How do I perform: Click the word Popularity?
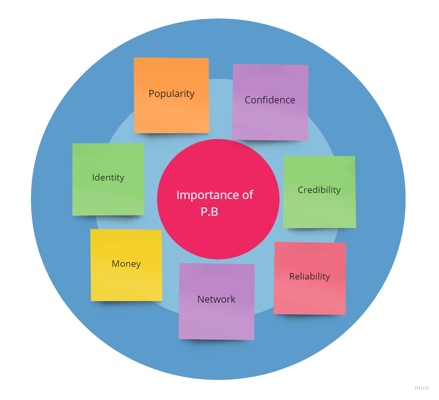(171, 94)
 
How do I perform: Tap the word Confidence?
(270, 100)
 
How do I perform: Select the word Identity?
(108, 178)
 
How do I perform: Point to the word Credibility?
(319, 190)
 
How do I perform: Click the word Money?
(126, 264)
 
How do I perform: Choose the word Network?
(216, 299)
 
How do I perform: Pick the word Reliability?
(310, 277)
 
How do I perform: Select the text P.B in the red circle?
(209, 212)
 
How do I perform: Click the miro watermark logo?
(422, 388)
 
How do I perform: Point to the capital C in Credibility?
(301, 190)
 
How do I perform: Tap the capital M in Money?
(116, 264)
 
